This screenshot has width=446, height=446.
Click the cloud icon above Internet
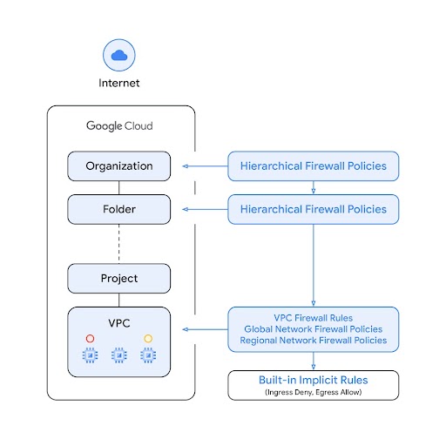(118, 55)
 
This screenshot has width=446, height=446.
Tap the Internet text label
(118, 84)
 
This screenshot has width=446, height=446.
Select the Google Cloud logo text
(119, 126)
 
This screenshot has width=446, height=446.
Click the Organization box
(119, 166)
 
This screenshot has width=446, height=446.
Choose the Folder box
(119, 209)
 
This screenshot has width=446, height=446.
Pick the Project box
(119, 279)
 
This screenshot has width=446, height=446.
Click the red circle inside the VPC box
(89, 338)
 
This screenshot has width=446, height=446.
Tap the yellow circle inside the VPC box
(148, 338)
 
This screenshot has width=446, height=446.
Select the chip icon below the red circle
(89, 355)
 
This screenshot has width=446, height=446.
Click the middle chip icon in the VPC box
(119, 355)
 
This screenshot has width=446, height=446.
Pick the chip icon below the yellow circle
(148, 355)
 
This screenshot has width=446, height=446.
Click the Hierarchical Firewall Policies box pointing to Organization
(313, 166)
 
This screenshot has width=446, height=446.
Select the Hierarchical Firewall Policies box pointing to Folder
(313, 209)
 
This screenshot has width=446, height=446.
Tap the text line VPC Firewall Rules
(313, 318)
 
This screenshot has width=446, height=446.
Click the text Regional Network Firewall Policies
(313, 341)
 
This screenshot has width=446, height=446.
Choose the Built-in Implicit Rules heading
(313, 381)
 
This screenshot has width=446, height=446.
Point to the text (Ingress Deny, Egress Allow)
(313, 392)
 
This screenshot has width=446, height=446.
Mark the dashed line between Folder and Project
(119, 244)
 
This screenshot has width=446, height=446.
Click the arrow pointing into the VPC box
(205, 329)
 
